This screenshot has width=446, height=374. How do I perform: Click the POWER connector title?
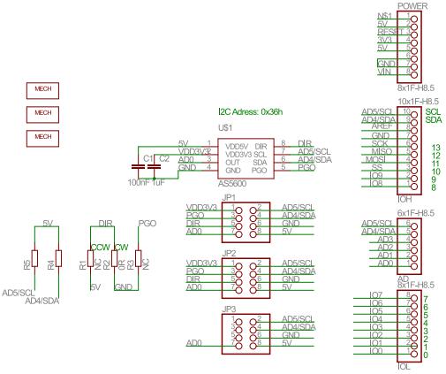pos(412,5)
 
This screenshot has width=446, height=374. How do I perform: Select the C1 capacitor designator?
pos(147,158)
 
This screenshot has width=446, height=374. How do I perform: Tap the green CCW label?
pos(99,248)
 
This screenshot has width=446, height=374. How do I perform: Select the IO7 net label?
pos(374,294)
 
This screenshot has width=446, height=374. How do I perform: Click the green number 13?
pos(435,147)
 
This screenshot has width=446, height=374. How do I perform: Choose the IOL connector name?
pos(404,365)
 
